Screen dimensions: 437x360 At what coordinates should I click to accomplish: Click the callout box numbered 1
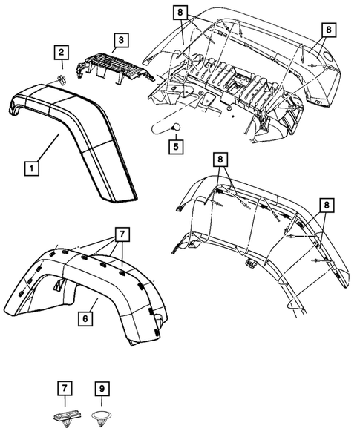click(x=30, y=168)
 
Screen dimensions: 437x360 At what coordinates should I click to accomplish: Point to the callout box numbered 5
click(x=175, y=146)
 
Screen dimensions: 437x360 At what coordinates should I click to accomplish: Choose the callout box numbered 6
click(x=87, y=319)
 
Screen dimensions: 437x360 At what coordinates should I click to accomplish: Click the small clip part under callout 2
click(x=63, y=79)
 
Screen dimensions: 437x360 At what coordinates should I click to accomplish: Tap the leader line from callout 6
click(x=93, y=304)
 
